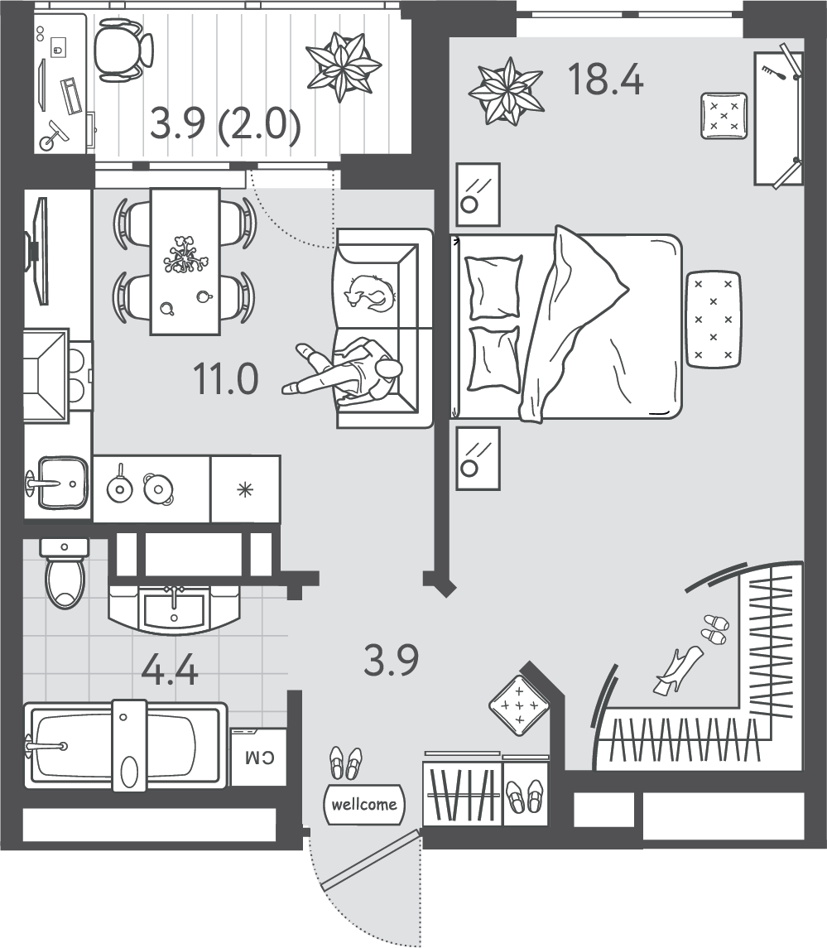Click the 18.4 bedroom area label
click(606, 79)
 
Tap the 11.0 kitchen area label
click(225, 379)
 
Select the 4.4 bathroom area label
click(169, 670)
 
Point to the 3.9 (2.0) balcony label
click(225, 124)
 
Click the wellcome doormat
click(364, 804)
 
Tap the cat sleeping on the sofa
click(369, 292)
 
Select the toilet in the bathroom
click(65, 574)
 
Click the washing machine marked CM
click(259, 757)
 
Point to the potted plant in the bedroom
click(506, 91)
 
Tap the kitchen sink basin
click(62, 483)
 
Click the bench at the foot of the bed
click(714, 319)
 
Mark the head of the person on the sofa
click(389, 368)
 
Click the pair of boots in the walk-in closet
click(678, 670)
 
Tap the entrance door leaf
click(371, 860)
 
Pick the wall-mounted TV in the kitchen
click(37, 251)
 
